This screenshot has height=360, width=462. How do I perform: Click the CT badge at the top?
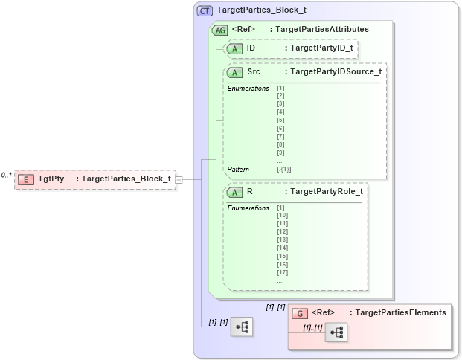[x=205, y=11]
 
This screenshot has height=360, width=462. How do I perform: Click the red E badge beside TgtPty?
[x=26, y=179]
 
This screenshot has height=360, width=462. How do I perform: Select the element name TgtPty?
[x=51, y=179]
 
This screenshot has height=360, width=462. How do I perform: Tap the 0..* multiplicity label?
[x=7, y=175]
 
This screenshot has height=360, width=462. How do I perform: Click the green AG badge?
[x=220, y=30]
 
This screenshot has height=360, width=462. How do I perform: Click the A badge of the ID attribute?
[x=235, y=48]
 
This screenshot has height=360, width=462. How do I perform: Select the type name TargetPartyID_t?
[x=321, y=48]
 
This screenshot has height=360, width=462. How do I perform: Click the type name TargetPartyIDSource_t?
[x=336, y=72]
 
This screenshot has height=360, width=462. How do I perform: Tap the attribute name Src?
[x=254, y=72]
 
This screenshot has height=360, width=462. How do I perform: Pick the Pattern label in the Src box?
[x=238, y=170]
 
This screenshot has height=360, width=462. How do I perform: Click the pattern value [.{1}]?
[x=284, y=170]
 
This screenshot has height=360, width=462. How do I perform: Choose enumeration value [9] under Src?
[x=280, y=152]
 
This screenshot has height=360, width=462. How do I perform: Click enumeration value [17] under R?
[x=283, y=272]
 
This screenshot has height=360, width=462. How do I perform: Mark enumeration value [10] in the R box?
[x=283, y=215]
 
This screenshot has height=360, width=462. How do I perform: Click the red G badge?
[x=300, y=313]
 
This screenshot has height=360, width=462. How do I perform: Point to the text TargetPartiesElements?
[x=400, y=313]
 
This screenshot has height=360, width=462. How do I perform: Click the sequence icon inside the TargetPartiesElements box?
[x=336, y=333]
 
